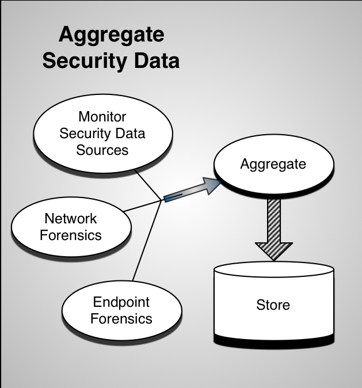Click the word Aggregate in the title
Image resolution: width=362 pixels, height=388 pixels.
pyautogui.click(x=111, y=36)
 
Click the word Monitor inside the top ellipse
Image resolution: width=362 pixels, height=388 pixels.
pyautogui.click(x=102, y=117)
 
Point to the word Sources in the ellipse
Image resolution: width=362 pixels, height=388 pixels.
pyautogui.click(x=102, y=150)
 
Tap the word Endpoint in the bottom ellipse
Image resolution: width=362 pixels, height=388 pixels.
pyautogui.click(x=121, y=302)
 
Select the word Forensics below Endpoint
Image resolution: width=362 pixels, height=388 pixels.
pyautogui.click(x=121, y=318)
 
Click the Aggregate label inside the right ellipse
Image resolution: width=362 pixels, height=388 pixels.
pyautogui.click(x=273, y=164)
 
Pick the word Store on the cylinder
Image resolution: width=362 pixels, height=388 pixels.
pyautogui.click(x=273, y=305)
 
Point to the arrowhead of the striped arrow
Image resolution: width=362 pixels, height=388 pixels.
pyautogui.click(x=273, y=251)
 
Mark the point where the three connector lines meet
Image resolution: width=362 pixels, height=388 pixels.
pyautogui.click(x=160, y=201)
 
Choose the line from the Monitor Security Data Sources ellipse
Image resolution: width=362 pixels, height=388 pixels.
pyautogui.click(x=147, y=185)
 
